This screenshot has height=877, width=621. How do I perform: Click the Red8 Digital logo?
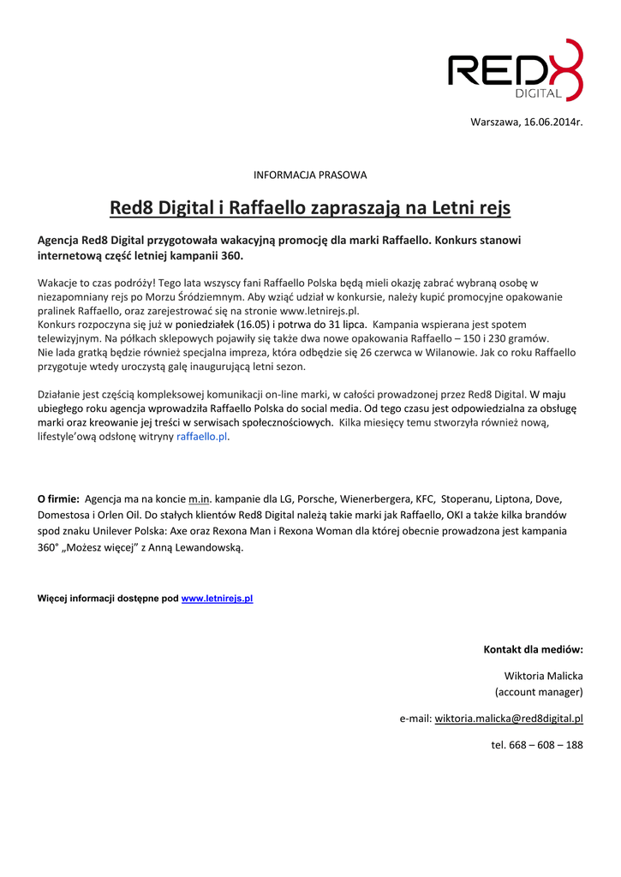click(515, 70)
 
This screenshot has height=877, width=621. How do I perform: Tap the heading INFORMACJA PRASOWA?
click(310, 175)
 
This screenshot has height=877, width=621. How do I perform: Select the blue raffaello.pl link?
click(202, 437)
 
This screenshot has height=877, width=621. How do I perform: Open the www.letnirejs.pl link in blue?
click(217, 599)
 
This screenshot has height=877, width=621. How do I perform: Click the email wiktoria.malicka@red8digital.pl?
click(509, 719)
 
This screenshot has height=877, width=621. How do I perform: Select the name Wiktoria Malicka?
click(543, 676)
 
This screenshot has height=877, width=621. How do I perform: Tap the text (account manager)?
click(539, 692)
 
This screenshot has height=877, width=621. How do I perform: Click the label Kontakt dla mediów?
click(533, 649)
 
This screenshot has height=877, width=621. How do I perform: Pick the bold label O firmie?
click(58, 498)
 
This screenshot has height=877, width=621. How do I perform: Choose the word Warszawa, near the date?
click(495, 122)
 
